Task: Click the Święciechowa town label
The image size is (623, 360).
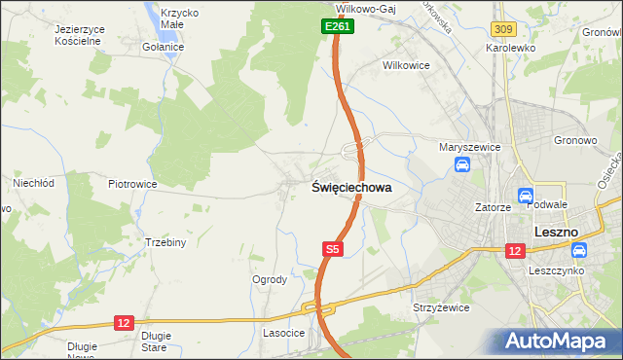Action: click(x=351, y=188)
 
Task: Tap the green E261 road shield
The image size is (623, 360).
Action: click(x=338, y=27)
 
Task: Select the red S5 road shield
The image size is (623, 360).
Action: click(x=332, y=250)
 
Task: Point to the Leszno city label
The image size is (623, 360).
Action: click(x=557, y=233)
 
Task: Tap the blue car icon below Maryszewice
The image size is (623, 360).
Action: click(x=461, y=165)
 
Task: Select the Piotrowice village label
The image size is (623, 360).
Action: click(x=132, y=184)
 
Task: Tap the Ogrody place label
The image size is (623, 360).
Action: click(x=270, y=280)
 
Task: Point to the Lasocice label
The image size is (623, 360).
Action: click(x=284, y=333)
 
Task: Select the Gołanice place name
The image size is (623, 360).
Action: click(x=163, y=47)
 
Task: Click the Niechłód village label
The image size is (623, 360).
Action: click(x=31, y=182)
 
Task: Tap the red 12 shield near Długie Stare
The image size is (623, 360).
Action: click(x=123, y=322)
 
